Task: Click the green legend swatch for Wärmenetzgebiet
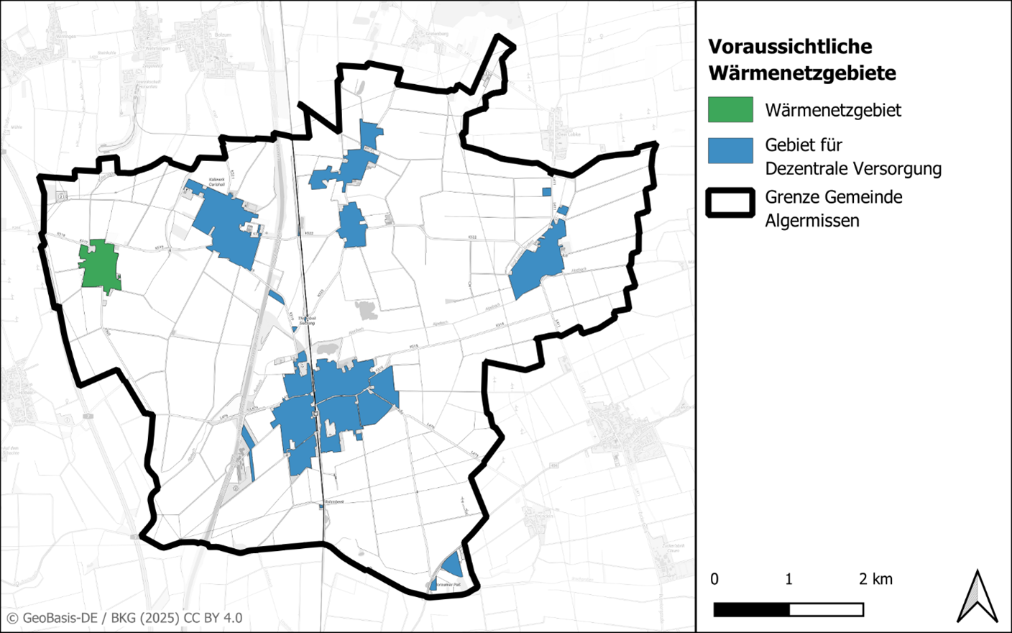[730, 110]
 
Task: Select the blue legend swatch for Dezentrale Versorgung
[730, 151]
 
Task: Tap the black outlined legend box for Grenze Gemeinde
[730, 203]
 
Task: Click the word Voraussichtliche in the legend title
[789, 47]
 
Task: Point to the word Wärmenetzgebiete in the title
[801, 73]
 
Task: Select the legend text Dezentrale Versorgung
[852, 169]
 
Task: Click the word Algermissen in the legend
[811, 221]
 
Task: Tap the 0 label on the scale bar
[714, 579]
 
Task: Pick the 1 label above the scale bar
[788, 579]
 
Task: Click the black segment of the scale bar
[751, 610]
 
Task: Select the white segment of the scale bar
[826, 610]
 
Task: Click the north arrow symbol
[977, 597]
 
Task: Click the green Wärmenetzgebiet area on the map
[99, 266]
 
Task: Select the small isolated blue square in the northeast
[546, 191]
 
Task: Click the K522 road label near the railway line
[309, 233]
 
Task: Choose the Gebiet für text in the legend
[803, 145]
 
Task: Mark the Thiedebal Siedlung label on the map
[307, 320]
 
